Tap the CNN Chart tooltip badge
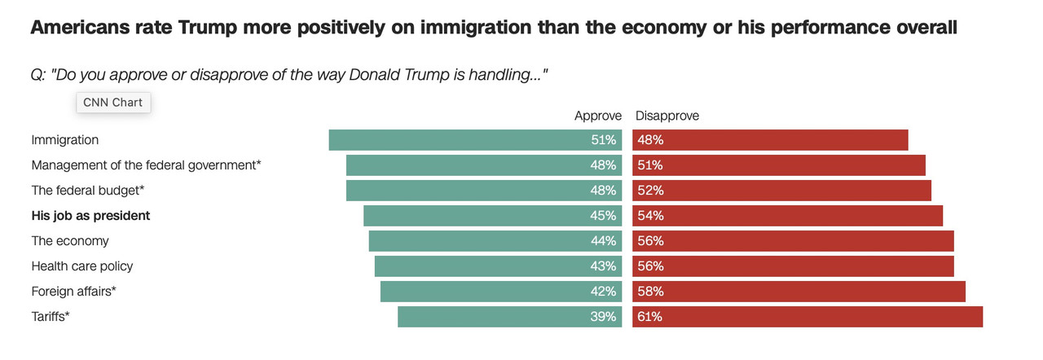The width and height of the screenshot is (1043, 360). click(112, 103)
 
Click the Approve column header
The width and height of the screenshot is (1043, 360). click(598, 116)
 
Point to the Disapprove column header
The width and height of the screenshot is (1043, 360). click(667, 116)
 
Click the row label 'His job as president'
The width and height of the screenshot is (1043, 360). click(90, 216)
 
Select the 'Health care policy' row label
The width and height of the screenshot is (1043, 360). click(81, 266)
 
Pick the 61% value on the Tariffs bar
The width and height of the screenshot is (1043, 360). click(650, 317)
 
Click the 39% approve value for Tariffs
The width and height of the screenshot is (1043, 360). click(603, 317)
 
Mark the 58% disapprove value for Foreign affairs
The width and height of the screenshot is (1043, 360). click(650, 292)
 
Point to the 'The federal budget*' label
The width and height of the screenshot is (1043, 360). click(87, 191)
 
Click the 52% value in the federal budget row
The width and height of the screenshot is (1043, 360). click(650, 191)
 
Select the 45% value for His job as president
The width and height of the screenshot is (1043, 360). click(603, 216)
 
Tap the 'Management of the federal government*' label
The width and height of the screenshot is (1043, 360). click(146, 165)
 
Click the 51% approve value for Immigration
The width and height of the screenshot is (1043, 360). click(603, 140)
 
